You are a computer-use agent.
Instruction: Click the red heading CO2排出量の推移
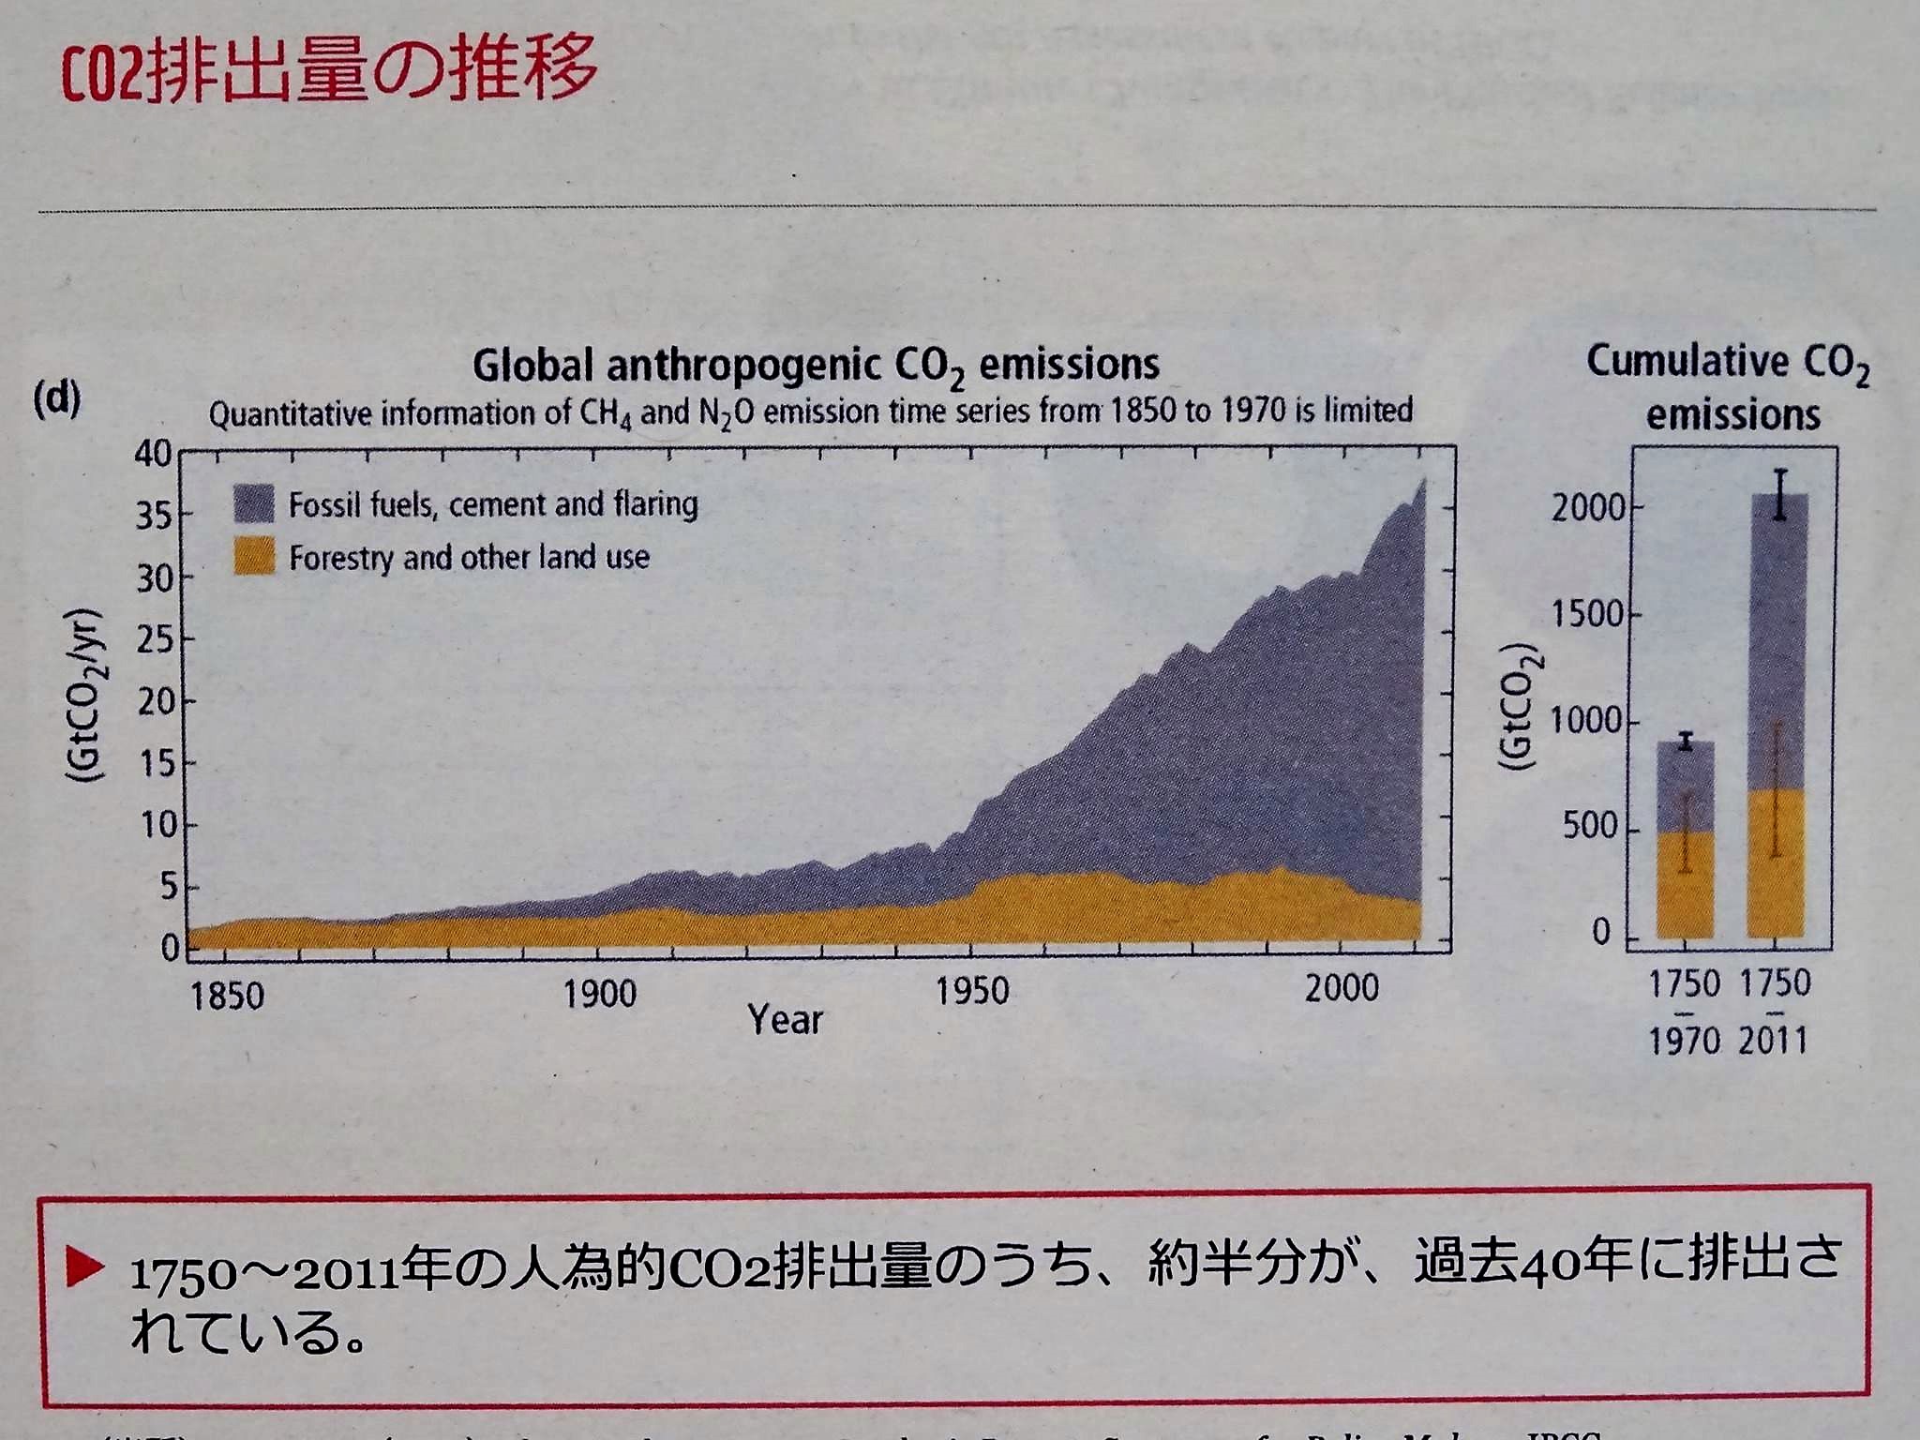pos(328,70)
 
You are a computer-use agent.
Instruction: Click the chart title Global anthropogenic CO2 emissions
pos(816,365)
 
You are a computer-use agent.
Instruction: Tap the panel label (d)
pos(56,399)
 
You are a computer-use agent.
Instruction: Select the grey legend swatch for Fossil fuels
pos(253,503)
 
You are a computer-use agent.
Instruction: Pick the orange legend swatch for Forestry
pos(253,556)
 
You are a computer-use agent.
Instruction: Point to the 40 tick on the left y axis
pos(153,454)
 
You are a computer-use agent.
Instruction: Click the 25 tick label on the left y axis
pos(155,640)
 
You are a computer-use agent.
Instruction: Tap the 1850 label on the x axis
pos(227,996)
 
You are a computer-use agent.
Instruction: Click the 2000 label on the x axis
pos(1342,988)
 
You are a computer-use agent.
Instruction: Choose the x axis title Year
pos(785,1020)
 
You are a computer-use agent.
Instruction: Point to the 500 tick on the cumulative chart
pos(1590,827)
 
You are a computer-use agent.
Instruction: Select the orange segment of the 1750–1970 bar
pos(1685,886)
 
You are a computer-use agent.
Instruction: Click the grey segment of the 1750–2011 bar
pos(1778,647)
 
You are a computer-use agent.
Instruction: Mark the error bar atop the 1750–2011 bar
pos(1780,493)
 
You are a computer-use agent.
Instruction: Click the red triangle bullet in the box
pos(85,1268)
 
